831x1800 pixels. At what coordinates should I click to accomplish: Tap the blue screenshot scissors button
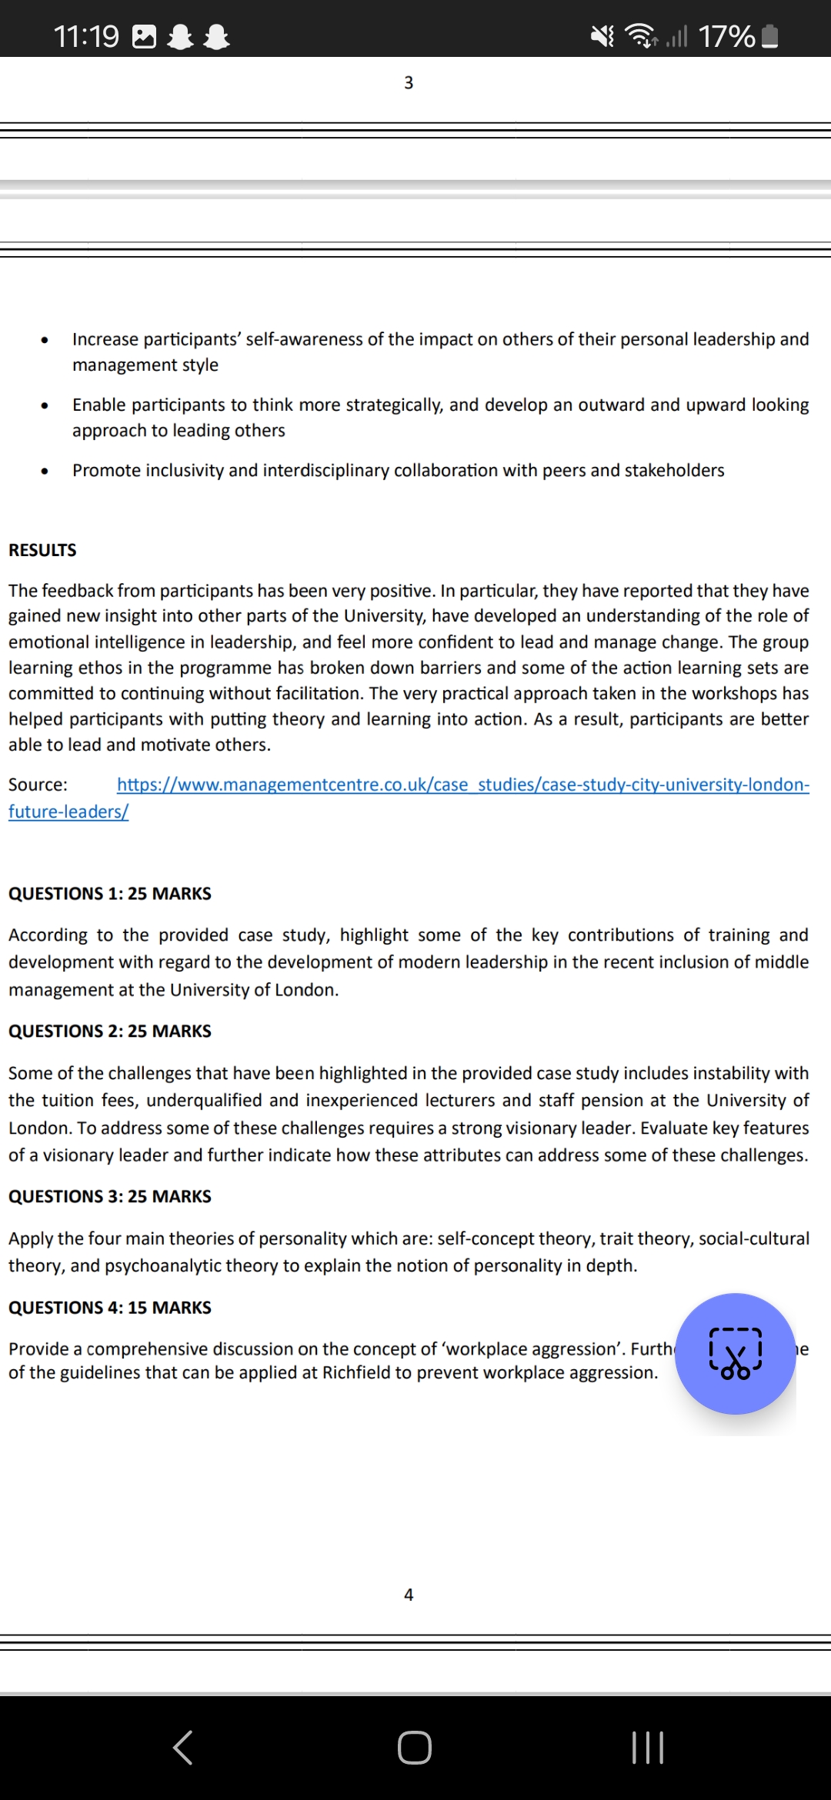pos(735,1353)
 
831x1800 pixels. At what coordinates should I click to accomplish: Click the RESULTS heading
pos(42,550)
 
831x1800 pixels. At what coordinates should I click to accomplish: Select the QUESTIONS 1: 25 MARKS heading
pos(110,893)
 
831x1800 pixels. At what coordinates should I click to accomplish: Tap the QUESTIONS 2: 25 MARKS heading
pos(110,1031)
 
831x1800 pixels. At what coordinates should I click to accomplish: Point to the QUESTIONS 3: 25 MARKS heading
pos(110,1196)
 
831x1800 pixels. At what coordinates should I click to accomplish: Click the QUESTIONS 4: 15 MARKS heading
pos(110,1308)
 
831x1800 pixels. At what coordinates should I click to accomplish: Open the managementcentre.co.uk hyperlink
pos(462,785)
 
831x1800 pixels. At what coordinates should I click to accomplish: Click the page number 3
pos(409,82)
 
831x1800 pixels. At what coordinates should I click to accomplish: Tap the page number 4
pos(409,1595)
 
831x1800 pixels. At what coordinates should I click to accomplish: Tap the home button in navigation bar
pos(415,1748)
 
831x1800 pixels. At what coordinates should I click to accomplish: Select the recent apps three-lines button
pos(647,1748)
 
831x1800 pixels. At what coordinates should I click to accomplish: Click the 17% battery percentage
pos(726,36)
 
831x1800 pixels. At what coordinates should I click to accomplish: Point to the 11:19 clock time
pos(86,36)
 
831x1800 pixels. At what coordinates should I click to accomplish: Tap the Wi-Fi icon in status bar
pos(641,35)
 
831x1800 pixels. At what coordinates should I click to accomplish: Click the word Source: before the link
pos(38,785)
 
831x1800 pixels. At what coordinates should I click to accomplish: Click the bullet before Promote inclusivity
pos(45,471)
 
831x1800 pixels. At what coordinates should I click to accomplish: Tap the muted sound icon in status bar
pos(602,35)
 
